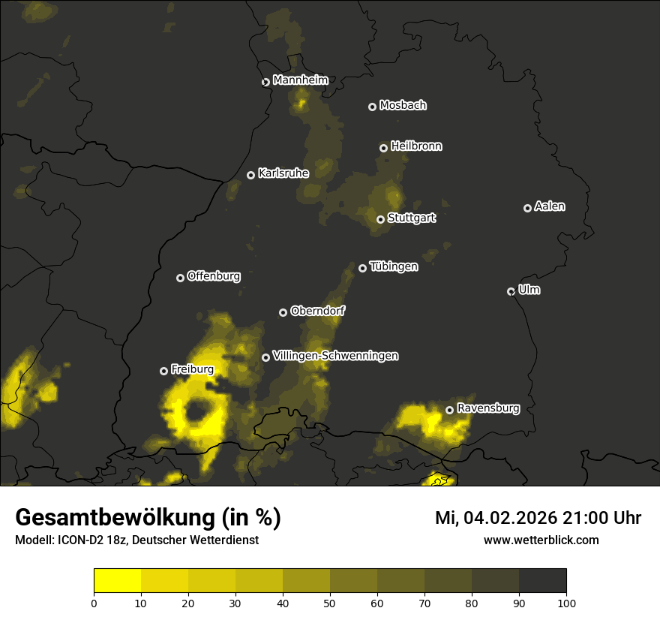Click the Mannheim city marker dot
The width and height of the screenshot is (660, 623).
point(265,83)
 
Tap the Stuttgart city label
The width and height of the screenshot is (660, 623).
point(412,218)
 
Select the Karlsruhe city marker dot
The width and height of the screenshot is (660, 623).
point(251,175)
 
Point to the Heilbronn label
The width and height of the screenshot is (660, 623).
point(416,146)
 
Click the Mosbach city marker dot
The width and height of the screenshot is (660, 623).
point(372,107)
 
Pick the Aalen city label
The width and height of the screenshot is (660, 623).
point(550,206)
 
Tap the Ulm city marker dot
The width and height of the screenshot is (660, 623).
point(511,291)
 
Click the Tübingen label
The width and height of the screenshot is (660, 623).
point(394,266)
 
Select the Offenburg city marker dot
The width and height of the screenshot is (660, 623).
point(180,278)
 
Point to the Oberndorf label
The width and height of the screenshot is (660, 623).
point(318,311)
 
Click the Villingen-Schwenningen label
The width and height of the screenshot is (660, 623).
point(335,356)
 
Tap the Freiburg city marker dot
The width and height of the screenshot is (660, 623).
point(164,371)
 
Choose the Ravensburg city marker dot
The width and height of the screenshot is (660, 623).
point(450,410)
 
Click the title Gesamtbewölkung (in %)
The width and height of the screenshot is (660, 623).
point(148,518)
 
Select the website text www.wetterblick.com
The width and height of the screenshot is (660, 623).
point(541,540)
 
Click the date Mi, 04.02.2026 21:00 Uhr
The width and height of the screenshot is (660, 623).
point(538,518)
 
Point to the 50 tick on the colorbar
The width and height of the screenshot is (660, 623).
point(330,602)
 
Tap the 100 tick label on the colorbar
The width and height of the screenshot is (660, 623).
point(566,602)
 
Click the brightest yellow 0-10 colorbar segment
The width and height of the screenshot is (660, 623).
point(118,581)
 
